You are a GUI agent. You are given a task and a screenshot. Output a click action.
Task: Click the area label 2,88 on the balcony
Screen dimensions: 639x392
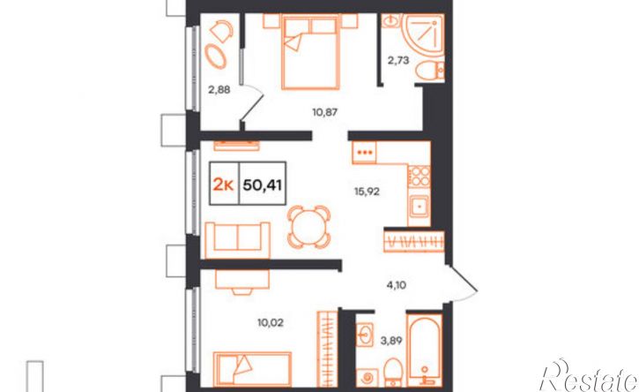tap(219, 89)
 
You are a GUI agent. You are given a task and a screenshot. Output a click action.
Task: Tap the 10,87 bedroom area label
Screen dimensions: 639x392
tap(325, 111)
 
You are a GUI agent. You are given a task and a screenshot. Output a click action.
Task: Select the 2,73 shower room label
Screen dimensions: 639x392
tap(398, 61)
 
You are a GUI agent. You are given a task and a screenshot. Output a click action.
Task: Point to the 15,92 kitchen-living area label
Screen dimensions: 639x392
tap(367, 191)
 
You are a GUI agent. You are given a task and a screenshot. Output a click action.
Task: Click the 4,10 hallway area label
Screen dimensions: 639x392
tap(396, 285)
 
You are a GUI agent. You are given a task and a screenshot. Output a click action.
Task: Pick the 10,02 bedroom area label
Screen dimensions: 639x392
tap(271, 323)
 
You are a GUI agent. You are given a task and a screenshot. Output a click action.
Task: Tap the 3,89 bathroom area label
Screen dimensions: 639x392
tap(391, 341)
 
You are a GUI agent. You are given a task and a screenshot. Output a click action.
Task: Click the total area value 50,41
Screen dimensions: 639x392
tap(263, 185)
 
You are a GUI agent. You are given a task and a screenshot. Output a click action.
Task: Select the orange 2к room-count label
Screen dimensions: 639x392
tap(223, 185)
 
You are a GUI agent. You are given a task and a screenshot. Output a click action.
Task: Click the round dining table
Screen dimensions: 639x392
tap(308, 227)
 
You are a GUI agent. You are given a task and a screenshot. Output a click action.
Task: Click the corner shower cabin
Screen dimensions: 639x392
tap(424, 34)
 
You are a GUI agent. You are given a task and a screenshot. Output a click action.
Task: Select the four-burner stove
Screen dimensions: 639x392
tap(420, 176)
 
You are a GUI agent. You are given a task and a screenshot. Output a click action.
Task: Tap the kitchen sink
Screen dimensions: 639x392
tap(419, 206)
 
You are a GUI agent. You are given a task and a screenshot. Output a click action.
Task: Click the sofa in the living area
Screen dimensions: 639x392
tap(238, 240)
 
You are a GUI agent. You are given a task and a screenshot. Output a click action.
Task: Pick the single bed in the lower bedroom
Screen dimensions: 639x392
tap(252, 369)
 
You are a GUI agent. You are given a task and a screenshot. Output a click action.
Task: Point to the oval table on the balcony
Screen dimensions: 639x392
tap(215, 57)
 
